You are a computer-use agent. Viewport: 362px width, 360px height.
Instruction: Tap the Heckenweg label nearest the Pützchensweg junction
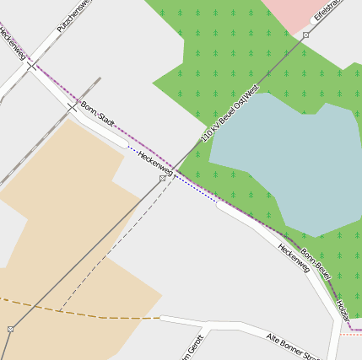13,43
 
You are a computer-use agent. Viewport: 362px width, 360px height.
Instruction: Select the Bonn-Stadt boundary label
96,116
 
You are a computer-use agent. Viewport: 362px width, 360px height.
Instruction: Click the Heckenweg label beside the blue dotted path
155,163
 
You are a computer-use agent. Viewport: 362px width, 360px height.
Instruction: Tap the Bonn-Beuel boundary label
315,264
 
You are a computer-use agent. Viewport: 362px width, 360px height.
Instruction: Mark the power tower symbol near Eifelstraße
305,35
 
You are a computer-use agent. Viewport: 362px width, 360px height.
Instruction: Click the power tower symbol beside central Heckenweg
162,179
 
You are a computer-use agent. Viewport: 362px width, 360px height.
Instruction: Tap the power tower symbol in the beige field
10,329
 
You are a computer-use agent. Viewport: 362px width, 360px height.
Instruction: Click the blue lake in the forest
278,160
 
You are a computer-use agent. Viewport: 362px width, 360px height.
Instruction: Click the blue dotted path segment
190,187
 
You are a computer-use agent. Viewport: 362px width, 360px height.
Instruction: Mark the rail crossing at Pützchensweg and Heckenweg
31,65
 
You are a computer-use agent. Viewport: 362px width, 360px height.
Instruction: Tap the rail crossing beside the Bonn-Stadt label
72,107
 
